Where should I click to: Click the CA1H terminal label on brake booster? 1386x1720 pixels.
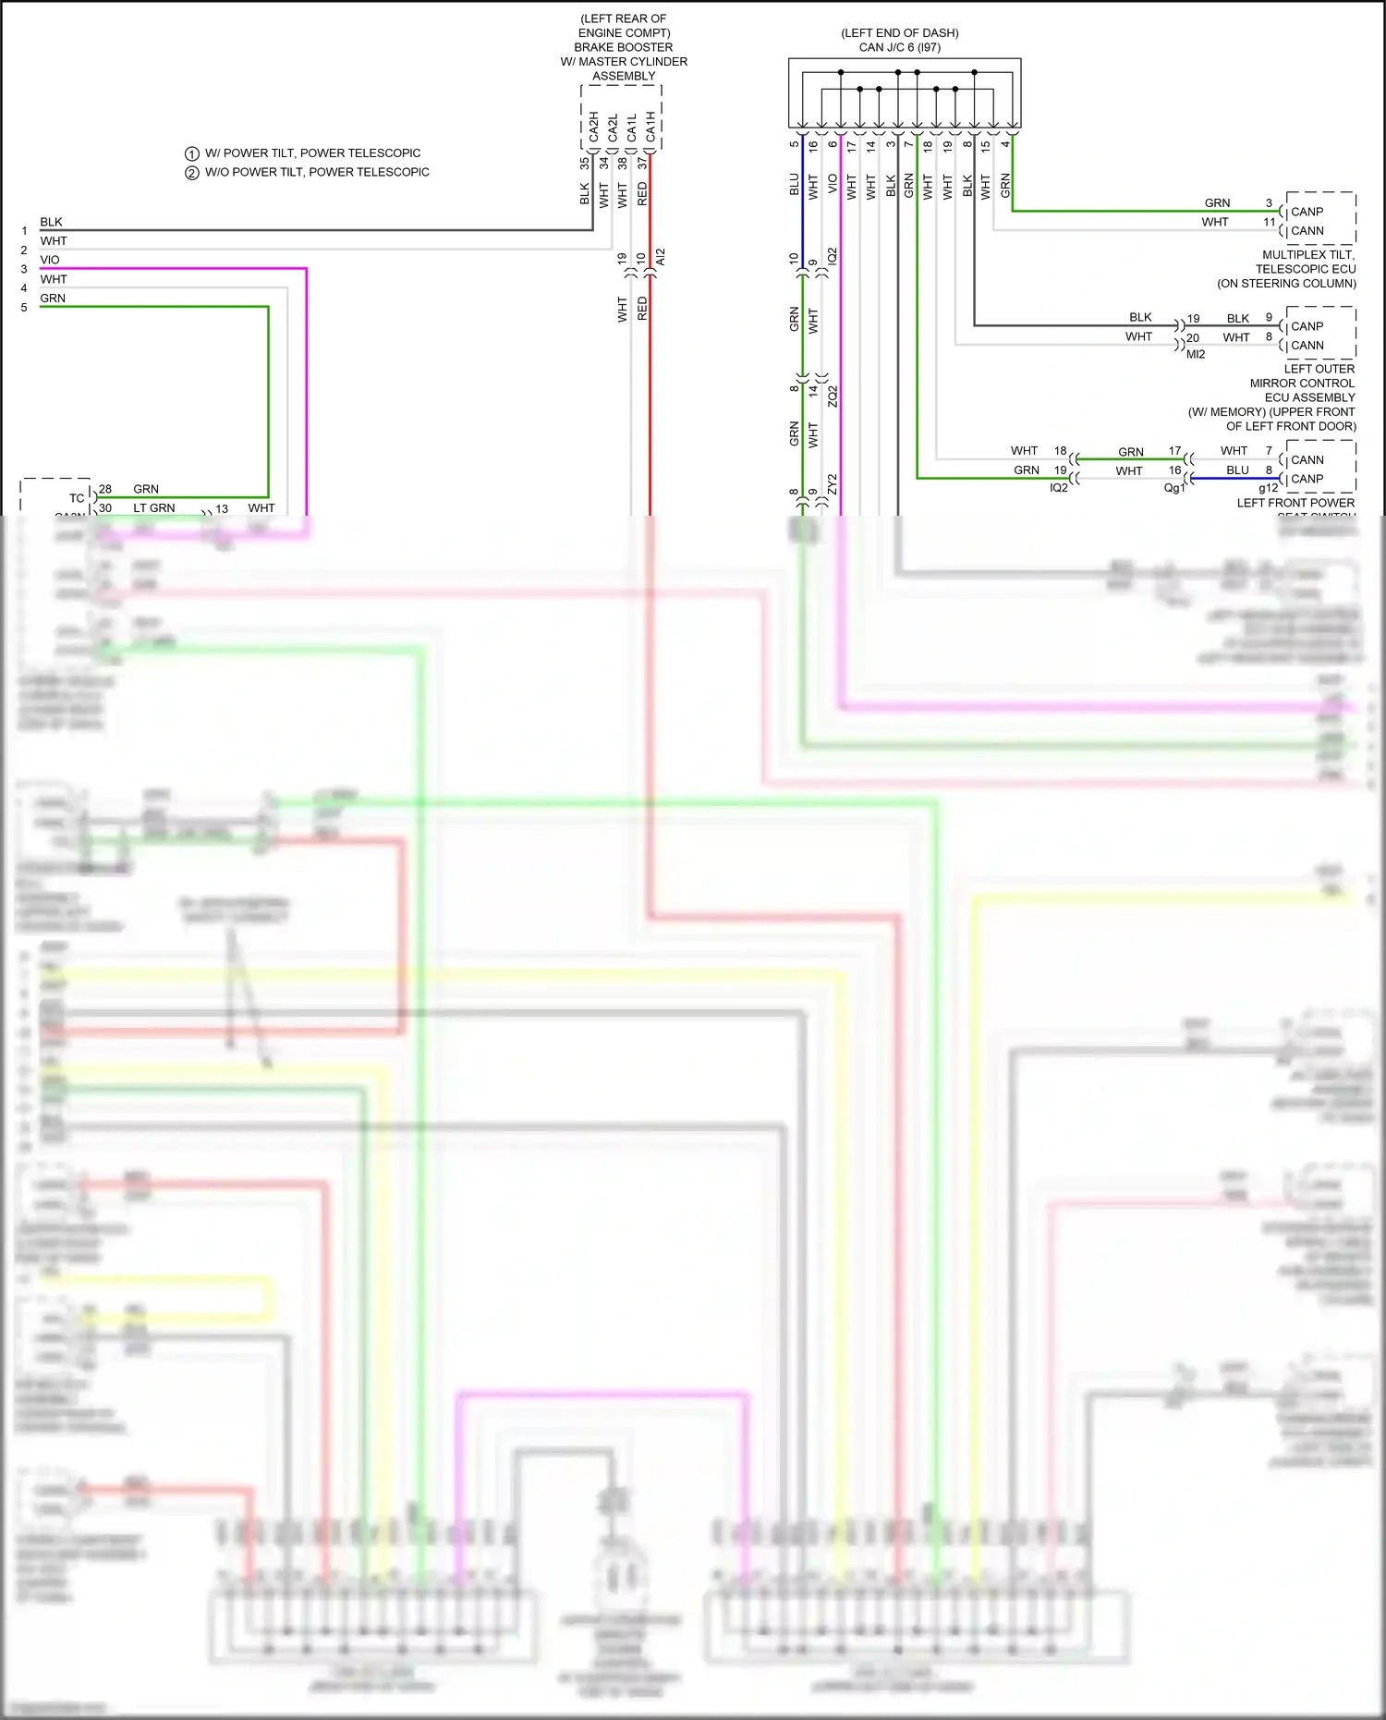pos(650,127)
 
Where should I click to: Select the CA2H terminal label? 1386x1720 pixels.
pos(593,127)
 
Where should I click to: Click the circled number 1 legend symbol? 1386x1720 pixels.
pos(192,153)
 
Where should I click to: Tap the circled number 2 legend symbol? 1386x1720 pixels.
pos(192,173)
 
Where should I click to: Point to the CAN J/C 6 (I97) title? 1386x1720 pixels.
pos(899,47)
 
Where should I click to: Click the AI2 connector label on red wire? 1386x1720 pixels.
pos(660,257)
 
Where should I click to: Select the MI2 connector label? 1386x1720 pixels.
pos(1196,354)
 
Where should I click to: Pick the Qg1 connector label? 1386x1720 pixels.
pos(1173,488)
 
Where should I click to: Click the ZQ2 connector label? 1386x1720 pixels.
pos(833,396)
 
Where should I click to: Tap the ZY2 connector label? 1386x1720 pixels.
pos(833,483)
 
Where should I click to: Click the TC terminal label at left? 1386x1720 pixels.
pos(77,498)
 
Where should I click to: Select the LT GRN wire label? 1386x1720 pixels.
pos(153,508)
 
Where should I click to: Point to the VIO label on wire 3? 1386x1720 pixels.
pos(50,260)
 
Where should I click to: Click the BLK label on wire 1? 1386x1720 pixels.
pos(51,222)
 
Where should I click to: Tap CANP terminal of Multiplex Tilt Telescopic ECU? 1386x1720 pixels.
pos(1307,212)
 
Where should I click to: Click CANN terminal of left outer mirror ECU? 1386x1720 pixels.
pos(1307,346)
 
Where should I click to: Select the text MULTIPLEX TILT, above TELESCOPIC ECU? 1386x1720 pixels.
pos(1307,254)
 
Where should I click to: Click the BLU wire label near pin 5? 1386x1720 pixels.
pos(794,184)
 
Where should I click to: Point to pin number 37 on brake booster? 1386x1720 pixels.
pos(642,163)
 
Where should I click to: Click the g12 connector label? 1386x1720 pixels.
pos(1268,488)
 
